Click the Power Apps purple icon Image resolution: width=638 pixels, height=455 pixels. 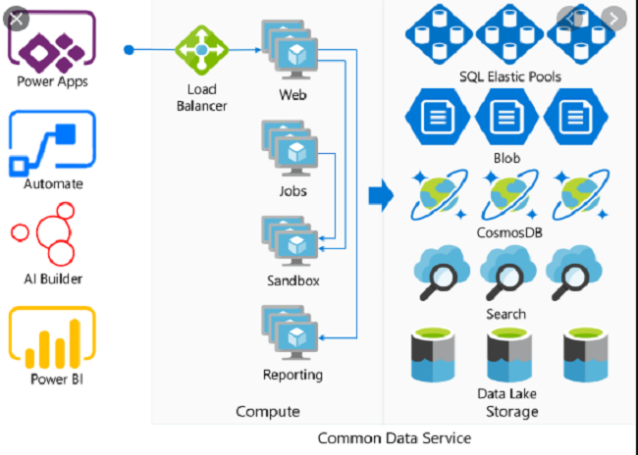[52, 40]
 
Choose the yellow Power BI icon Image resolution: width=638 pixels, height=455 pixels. [52, 336]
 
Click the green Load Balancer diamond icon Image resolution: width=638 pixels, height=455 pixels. [202, 48]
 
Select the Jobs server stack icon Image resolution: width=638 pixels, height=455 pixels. [292, 146]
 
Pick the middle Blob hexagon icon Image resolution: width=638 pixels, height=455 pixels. [505, 119]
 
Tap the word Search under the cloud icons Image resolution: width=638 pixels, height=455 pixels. [505, 314]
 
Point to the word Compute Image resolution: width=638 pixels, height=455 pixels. [267, 411]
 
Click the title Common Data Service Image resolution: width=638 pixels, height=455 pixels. [394, 437]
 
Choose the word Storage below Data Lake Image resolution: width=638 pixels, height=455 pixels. [512, 411]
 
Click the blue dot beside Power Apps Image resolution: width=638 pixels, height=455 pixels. [129, 48]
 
